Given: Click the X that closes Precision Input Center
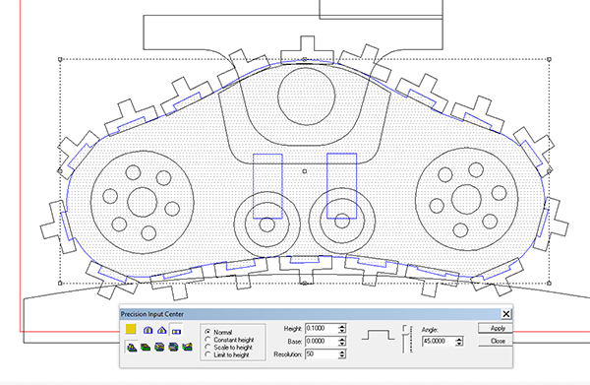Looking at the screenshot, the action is tap(506, 314).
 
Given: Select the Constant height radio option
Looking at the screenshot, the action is tap(207, 340).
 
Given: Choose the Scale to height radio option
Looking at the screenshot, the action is tap(207, 348).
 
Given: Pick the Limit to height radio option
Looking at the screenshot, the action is tap(207, 354).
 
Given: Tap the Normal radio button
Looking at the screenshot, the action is tap(207, 332).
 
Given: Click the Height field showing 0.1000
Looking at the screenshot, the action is tap(322, 329).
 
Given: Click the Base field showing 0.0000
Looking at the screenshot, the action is tap(322, 342).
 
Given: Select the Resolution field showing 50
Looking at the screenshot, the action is tap(322, 354).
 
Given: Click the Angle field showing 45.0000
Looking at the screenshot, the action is tap(439, 342).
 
